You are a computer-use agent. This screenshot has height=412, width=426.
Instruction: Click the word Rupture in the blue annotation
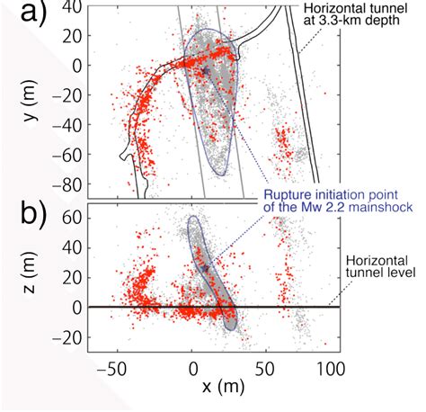pos(287,193)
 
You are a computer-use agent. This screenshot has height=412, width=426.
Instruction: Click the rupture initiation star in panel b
pos(205,267)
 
